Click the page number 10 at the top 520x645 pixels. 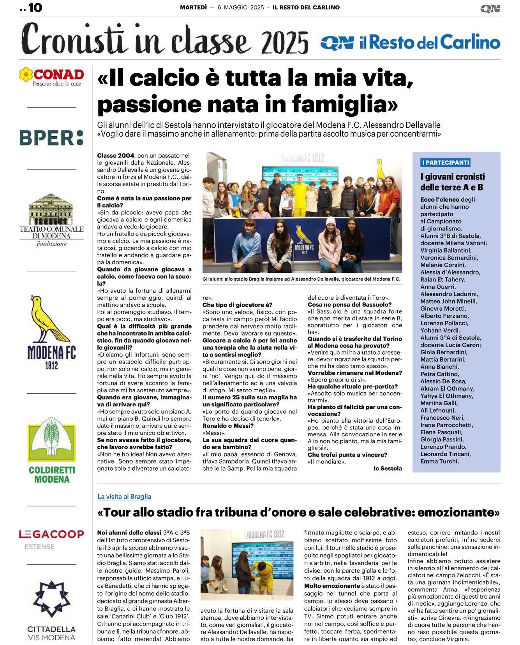pos(35,8)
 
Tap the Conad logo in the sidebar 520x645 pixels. pos(52,77)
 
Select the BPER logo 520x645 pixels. pos(51,138)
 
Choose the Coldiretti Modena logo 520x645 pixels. pos(51,450)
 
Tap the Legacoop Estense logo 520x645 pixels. pos(51,538)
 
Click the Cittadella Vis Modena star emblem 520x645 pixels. pos(51,599)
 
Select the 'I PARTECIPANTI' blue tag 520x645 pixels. pos(446,163)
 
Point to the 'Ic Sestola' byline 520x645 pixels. pos(388,469)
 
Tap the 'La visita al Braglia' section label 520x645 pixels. pos(124,497)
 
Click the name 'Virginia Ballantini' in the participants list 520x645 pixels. pos(446,250)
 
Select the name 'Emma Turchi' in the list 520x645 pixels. pos(440,461)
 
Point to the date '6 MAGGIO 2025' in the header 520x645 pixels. pos(241,7)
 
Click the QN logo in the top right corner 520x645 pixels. pos(490,9)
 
